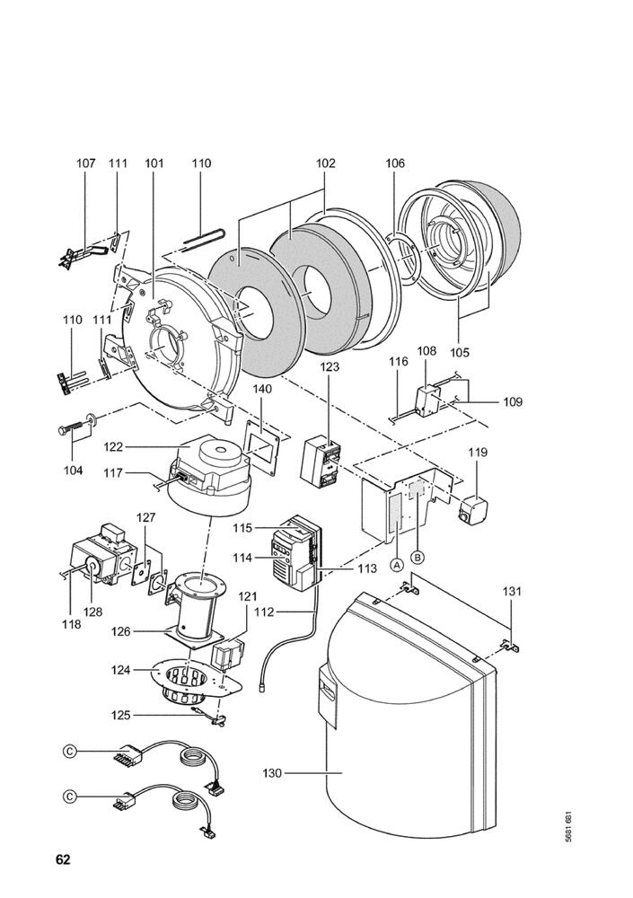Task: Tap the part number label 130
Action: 274,772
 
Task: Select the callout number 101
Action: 154,163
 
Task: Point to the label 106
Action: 395,163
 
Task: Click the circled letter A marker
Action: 395,566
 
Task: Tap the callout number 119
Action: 476,453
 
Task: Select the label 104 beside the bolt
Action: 73,471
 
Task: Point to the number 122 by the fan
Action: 113,446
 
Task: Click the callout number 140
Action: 261,389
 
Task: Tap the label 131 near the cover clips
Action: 512,592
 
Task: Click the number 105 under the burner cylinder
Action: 460,353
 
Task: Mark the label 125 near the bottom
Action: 120,715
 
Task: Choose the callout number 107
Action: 85,163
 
